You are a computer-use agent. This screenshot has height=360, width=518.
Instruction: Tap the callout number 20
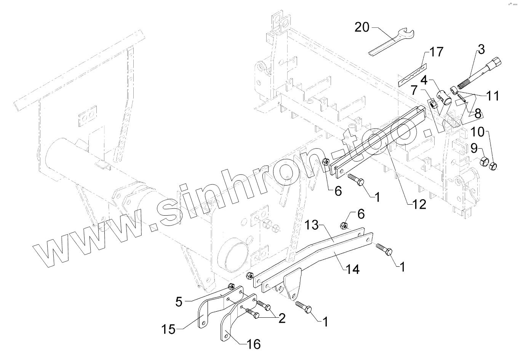pyautogui.click(x=362, y=27)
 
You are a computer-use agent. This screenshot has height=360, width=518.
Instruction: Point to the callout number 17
pyautogui.click(x=436, y=51)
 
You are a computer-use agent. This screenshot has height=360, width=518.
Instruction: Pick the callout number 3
pyautogui.click(x=481, y=49)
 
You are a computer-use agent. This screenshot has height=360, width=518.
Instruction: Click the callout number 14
pyautogui.click(x=353, y=269)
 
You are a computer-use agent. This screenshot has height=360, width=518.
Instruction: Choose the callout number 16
pyautogui.click(x=253, y=344)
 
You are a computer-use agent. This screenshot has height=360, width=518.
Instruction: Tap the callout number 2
pyautogui.click(x=281, y=318)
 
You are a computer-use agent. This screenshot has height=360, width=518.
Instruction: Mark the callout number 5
pyautogui.click(x=179, y=302)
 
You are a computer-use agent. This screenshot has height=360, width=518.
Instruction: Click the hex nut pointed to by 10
pyautogui.click(x=492, y=166)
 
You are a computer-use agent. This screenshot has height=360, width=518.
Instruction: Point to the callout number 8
pyautogui.click(x=477, y=114)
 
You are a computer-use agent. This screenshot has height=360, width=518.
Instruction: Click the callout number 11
pyautogui.click(x=493, y=95)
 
